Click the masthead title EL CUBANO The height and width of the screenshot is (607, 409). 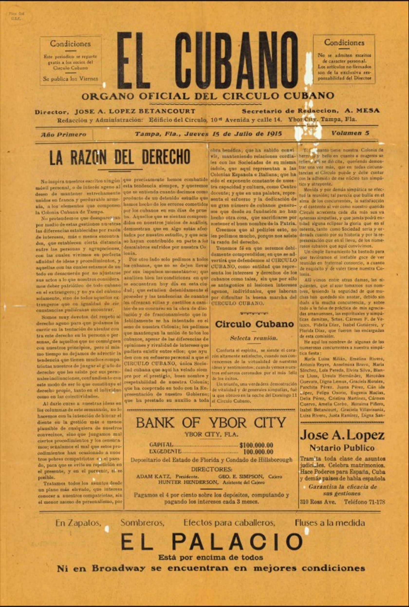coord(207,61)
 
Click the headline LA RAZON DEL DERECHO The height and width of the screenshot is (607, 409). coord(120,157)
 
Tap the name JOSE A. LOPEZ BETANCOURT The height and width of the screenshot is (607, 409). coord(135,111)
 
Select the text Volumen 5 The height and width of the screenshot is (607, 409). coord(350,133)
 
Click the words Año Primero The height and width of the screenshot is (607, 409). coord(63,135)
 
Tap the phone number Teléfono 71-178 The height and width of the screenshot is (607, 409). coord(364,502)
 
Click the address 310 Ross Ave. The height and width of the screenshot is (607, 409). coord(318,502)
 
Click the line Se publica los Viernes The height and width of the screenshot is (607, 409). coord(70,78)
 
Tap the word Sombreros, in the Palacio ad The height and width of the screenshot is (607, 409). coord(142,523)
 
